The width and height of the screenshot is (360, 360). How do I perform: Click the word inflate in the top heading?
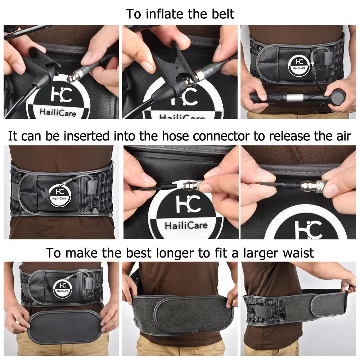click(x=163, y=14)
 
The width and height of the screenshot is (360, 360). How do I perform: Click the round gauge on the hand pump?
click(x=338, y=97)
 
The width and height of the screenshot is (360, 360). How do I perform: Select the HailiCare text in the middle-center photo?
click(x=186, y=226)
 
